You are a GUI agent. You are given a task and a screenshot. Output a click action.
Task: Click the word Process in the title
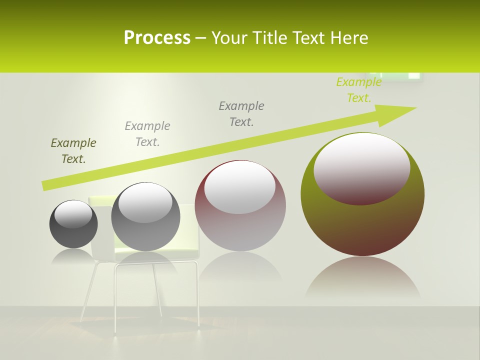click(157, 37)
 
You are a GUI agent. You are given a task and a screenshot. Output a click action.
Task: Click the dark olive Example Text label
click(73, 150)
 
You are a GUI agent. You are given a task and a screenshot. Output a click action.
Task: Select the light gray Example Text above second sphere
click(147, 133)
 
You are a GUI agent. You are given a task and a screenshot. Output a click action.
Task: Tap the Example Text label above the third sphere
click(241, 113)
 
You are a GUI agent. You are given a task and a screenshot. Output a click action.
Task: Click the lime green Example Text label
click(359, 90)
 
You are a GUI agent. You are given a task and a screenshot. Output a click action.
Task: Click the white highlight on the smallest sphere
click(73, 213)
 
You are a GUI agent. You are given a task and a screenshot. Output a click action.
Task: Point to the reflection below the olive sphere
click(362, 277)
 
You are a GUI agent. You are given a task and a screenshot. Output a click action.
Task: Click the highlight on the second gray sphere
click(145, 201)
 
